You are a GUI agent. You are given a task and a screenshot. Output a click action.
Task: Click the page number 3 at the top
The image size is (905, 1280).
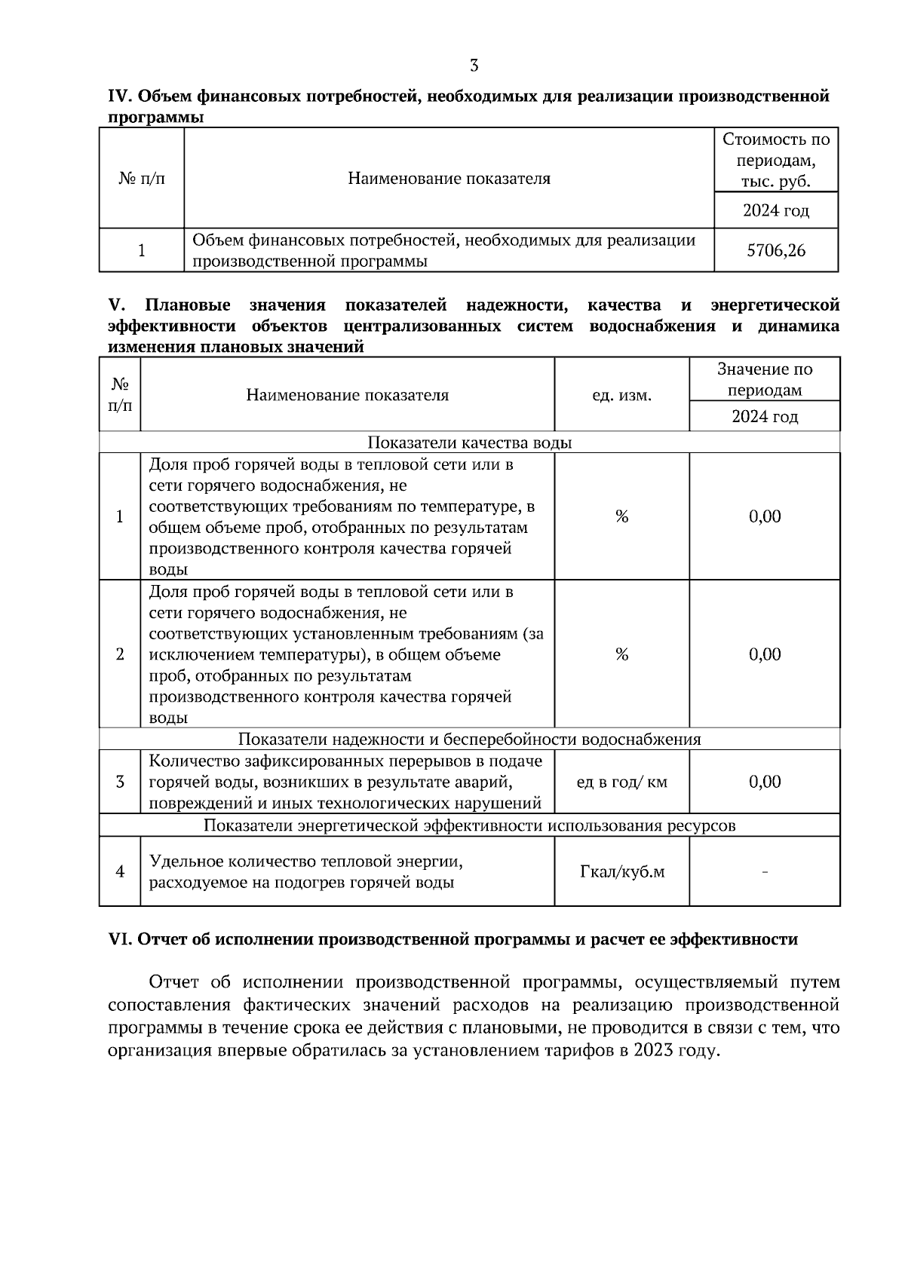click(474, 66)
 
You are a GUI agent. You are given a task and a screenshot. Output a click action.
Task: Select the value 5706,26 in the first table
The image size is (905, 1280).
click(776, 250)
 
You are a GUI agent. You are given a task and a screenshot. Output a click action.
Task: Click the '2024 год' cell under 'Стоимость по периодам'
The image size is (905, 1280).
click(776, 210)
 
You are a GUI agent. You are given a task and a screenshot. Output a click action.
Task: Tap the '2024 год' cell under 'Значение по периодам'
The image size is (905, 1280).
click(765, 416)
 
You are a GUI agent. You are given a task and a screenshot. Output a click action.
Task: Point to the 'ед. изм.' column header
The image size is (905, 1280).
click(621, 395)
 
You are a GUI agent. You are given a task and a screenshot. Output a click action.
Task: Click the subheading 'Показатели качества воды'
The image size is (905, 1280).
click(469, 442)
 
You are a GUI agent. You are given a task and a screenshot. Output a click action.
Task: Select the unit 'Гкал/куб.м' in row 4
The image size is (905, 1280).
click(621, 872)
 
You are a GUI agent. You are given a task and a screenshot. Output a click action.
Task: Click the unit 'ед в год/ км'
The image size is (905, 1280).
click(621, 782)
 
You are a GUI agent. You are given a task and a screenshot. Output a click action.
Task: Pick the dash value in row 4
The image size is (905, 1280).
click(765, 872)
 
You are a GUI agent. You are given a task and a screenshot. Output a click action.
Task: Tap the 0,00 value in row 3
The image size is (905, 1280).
click(765, 782)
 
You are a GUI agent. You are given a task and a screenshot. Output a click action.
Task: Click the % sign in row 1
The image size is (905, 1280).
click(621, 516)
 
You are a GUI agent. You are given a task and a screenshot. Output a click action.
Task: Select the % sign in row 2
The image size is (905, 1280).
click(621, 654)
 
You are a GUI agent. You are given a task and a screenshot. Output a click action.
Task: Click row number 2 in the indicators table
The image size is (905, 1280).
click(120, 654)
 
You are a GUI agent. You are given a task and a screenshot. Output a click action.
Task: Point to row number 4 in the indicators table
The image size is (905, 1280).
click(120, 872)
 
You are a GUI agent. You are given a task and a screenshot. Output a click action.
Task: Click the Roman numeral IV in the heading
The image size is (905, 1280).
click(121, 96)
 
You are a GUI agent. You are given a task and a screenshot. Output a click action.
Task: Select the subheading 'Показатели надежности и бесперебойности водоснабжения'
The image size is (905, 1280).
click(469, 739)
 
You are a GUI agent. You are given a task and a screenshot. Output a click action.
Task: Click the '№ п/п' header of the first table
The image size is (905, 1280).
click(142, 179)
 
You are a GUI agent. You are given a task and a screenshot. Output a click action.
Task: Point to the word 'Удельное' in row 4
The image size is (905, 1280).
click(181, 861)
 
